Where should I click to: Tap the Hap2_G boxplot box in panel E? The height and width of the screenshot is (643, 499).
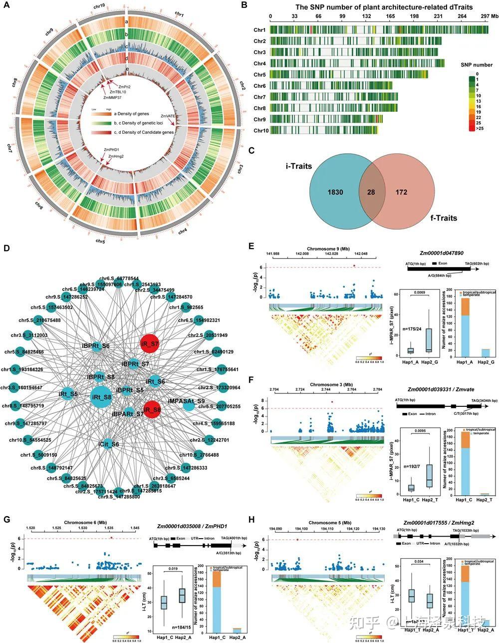coord(429,339)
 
